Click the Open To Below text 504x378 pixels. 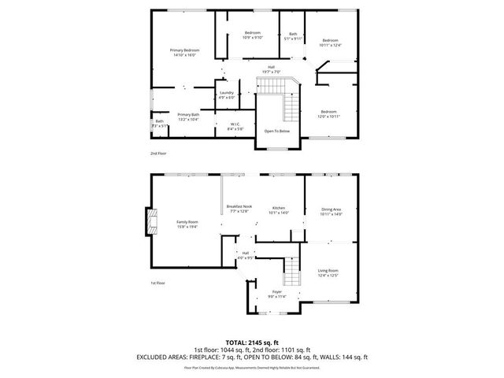click(277, 131)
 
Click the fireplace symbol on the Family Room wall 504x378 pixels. click(149, 221)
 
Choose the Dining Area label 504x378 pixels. click(331, 210)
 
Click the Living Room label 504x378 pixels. click(329, 272)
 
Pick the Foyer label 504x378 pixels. click(277, 294)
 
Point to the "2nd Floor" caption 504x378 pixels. click(159, 153)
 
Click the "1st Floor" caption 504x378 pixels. click(158, 282)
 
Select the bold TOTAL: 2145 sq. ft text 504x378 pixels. click(252, 343)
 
